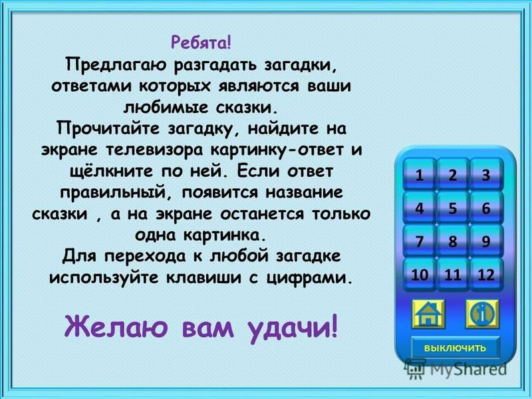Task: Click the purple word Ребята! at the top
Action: click(201, 43)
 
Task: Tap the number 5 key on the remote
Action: click(453, 207)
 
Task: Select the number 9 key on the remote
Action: click(486, 241)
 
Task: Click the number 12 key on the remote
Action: click(486, 274)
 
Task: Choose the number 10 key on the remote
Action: click(420, 274)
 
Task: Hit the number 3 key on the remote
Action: click(486, 175)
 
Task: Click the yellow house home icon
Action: click(428, 314)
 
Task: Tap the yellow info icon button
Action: click(481, 314)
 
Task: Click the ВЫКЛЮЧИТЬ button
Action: click(456, 348)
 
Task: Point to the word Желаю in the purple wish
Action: click(116, 327)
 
